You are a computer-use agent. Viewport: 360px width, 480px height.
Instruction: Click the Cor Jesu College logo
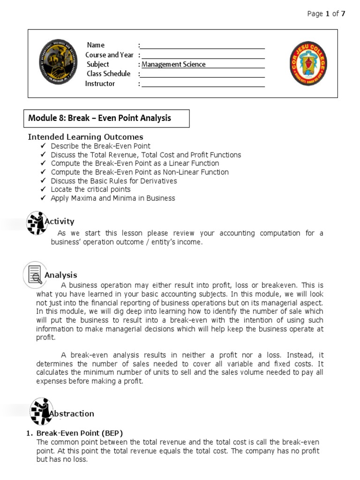coord(308,63)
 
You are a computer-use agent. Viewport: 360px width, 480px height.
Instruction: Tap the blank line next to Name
coord(202,45)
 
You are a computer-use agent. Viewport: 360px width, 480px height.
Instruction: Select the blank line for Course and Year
coord(202,55)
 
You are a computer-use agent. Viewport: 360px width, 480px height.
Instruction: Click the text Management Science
coord(173,65)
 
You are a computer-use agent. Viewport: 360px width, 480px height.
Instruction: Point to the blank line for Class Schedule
coord(202,74)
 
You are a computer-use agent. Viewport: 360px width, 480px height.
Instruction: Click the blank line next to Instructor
coord(202,84)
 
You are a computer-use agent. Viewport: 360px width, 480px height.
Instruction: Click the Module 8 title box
coord(107,119)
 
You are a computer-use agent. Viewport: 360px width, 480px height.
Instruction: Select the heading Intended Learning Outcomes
coord(86,137)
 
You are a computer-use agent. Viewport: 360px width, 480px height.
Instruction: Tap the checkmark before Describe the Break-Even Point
coord(44,146)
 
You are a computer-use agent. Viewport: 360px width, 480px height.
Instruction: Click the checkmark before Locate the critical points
coord(44,189)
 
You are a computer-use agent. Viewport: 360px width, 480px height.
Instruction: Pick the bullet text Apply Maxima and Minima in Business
coord(112,198)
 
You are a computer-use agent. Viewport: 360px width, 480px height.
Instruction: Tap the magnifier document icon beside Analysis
coord(34,275)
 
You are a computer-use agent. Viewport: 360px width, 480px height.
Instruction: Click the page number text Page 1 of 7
coord(326,14)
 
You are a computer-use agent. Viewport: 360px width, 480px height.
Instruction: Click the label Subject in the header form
coord(97,64)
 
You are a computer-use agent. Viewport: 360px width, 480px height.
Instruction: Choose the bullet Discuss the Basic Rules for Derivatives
coord(114,181)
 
